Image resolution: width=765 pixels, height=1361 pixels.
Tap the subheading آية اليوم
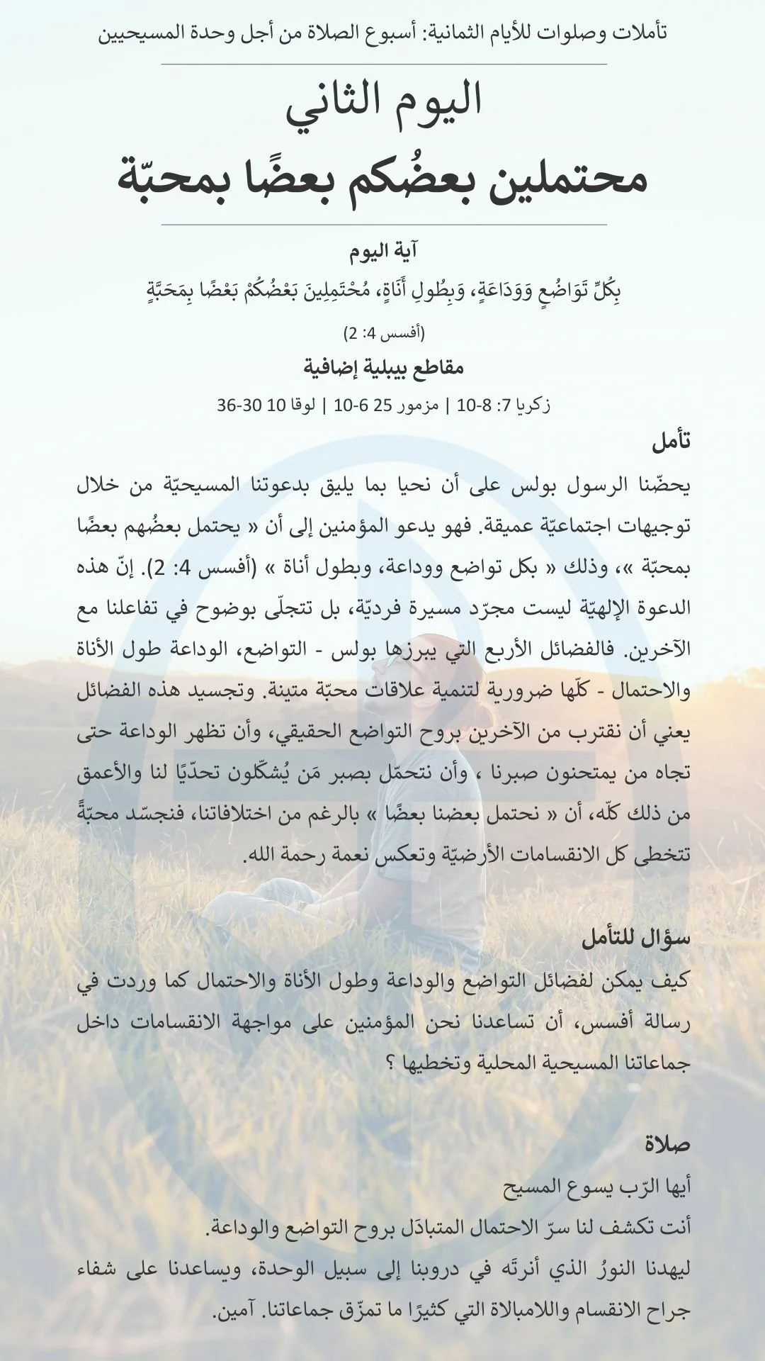[x=383, y=251]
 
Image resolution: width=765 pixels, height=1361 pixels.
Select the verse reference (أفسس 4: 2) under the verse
[x=383, y=331]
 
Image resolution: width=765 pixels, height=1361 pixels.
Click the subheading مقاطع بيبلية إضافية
[x=383, y=368]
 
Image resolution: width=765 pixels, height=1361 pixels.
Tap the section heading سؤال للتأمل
[x=635, y=939]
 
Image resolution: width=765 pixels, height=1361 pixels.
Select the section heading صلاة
[x=667, y=1144]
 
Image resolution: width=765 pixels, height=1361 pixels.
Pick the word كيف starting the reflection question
[x=671, y=981]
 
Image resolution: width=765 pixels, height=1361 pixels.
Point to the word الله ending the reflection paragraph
[x=259, y=855]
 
